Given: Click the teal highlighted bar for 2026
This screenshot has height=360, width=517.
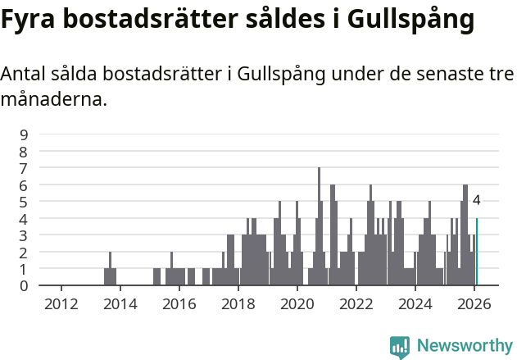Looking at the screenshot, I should [477, 252].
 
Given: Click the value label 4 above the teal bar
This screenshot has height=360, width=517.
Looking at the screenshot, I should [476, 200].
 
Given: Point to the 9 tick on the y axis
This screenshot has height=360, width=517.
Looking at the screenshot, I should [24, 134].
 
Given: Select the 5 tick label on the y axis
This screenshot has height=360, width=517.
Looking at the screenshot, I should [24, 202].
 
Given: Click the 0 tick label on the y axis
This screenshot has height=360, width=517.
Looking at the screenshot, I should [24, 285].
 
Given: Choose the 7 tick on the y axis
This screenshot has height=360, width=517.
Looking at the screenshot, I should [24, 168].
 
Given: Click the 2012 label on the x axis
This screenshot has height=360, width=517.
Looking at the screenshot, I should [61, 304].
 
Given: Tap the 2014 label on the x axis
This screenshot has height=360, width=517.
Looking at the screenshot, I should [120, 304].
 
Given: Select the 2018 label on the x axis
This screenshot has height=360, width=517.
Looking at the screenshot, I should [238, 304].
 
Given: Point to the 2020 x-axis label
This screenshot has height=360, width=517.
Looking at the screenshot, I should [297, 304].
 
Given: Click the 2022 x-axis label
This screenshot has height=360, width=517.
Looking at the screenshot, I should [356, 304].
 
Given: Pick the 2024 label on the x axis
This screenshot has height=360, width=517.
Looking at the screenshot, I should [415, 304].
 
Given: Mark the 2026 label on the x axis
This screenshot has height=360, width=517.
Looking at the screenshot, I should [474, 304].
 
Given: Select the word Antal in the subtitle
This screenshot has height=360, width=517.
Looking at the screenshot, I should [24, 74].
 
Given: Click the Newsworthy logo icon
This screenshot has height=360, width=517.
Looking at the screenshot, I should [400, 347].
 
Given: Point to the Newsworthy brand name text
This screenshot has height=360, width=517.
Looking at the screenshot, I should [465, 346].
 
